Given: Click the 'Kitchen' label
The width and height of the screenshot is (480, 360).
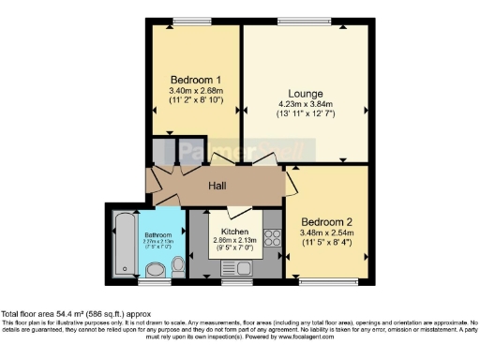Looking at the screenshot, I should pos(234,231).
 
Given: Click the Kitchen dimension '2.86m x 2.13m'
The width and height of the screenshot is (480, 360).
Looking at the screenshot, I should pos(234,241).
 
